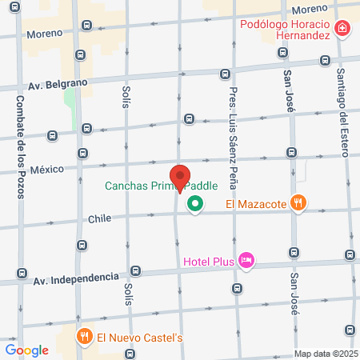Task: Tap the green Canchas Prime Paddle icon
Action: [x=194, y=206]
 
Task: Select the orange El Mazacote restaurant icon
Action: [x=298, y=203]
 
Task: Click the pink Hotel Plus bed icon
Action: [x=246, y=260]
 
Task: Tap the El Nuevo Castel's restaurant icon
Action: [x=82, y=337]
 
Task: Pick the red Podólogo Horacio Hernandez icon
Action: [x=342, y=29]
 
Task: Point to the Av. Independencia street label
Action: [x=75, y=279]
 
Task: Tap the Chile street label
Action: [x=99, y=218]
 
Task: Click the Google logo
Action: [x=26, y=350]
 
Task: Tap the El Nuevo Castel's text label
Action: [x=140, y=337]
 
